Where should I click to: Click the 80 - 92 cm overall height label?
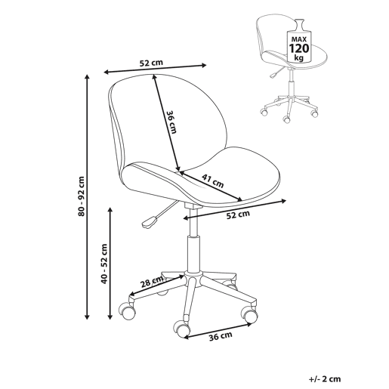pyautogui.click(x=82, y=196)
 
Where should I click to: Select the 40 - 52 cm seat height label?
pyautogui.click(x=104, y=264)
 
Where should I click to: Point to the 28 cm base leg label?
pyautogui.click(x=152, y=282)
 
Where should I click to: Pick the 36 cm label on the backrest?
pyautogui.click(x=172, y=122)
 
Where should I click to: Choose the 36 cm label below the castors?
pyautogui.click(x=221, y=337)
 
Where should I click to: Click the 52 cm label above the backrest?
pyautogui.click(x=151, y=63)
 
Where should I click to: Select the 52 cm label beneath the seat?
pyautogui.click(x=238, y=215)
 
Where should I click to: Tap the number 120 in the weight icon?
pyautogui.click(x=299, y=48)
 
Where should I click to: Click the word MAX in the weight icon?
pyautogui.click(x=299, y=39)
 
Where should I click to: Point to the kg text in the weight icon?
pyautogui.click(x=299, y=57)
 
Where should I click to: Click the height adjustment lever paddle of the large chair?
pyautogui.click(x=150, y=222)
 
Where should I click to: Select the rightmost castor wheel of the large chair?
pyautogui.click(x=249, y=314)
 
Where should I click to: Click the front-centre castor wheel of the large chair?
pyautogui.click(x=182, y=328)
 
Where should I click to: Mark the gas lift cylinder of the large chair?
pyautogui.click(x=193, y=253)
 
